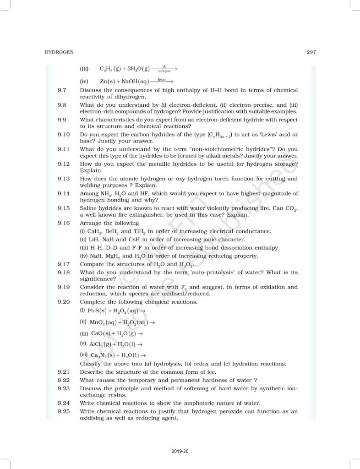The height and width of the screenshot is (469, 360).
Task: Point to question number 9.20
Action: (63, 302)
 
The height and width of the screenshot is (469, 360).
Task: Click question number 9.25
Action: (63, 411)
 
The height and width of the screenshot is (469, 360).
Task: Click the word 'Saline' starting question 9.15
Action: (88, 207)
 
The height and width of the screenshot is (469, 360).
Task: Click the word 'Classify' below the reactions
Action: (91, 364)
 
